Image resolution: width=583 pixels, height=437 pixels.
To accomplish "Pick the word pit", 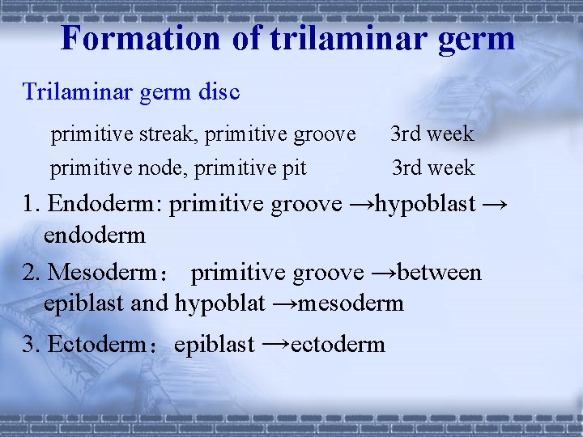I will (x=295, y=168).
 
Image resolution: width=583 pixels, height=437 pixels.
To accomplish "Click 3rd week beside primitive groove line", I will (x=432, y=134).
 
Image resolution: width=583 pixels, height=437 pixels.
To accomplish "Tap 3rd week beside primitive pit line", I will (x=432, y=168).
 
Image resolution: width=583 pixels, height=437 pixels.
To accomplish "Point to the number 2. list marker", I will (x=32, y=273).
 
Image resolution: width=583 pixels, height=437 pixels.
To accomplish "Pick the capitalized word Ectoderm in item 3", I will (x=96, y=345).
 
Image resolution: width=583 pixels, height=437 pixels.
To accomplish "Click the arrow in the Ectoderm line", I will (x=275, y=344).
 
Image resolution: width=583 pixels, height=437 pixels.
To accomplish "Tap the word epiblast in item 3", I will (x=215, y=345).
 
